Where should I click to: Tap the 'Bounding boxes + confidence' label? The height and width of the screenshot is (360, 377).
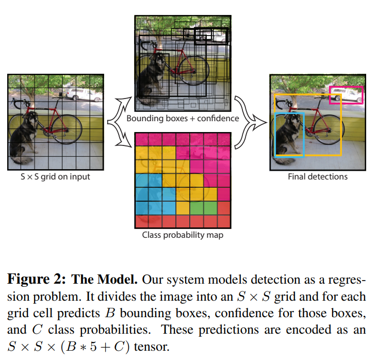(x=183, y=118)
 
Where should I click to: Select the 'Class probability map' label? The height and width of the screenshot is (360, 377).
(x=183, y=236)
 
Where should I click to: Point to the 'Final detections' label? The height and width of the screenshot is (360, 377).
(x=317, y=176)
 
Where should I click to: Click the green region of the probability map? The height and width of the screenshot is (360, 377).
(x=203, y=207)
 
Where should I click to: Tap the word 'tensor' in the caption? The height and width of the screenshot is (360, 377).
(x=150, y=346)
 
